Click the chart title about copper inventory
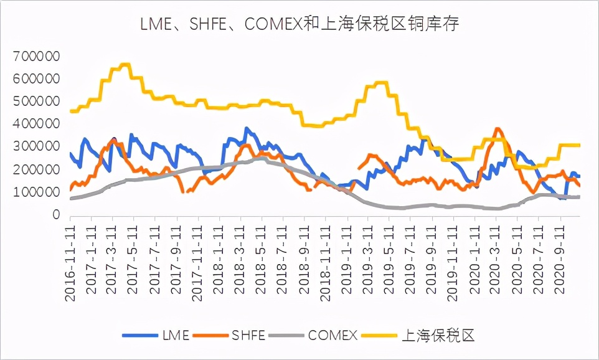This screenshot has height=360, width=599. [x=299, y=25]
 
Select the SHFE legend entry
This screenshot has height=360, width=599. [x=230, y=336]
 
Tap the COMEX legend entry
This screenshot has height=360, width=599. [x=317, y=336]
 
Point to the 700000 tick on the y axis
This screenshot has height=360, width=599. [x=35, y=57]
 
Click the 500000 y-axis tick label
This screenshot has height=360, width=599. [x=35, y=102]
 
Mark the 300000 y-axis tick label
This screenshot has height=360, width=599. [x=35, y=147]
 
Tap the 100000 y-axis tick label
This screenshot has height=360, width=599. [x=35, y=192]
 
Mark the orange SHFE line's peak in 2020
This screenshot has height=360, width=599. [x=497, y=129]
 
